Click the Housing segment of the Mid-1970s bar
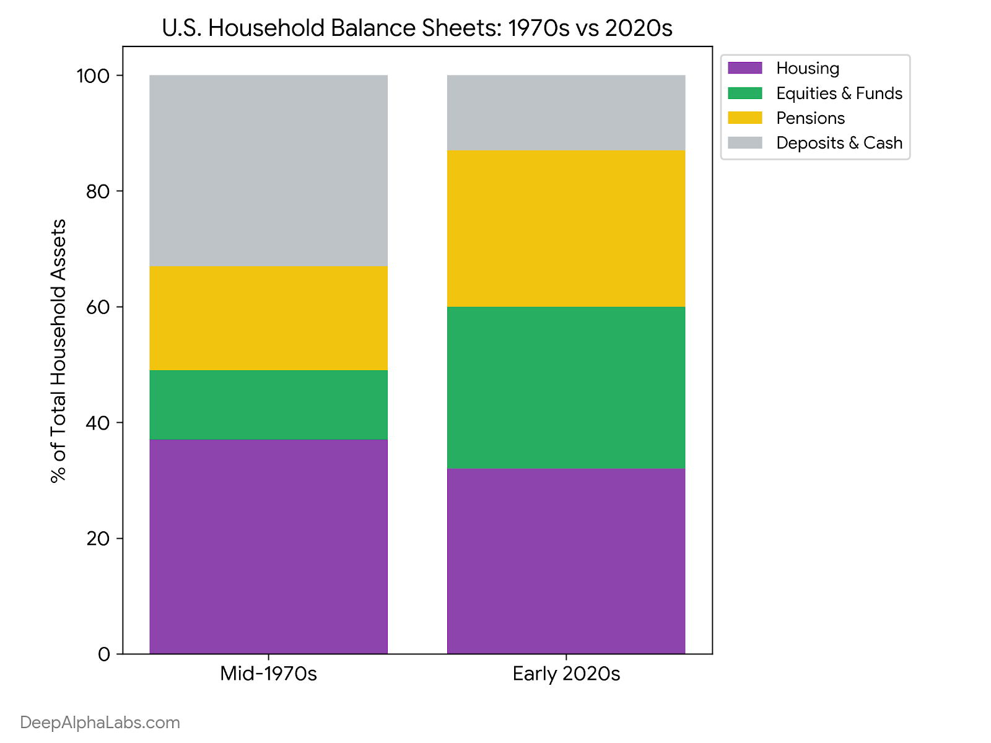pyautogui.click(x=268, y=546)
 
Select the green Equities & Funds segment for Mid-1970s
pyautogui.click(x=268, y=405)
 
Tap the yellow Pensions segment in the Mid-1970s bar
pyautogui.click(x=268, y=318)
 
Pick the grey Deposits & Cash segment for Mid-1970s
pyautogui.click(x=268, y=170)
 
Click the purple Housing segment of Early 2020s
pyautogui.click(x=566, y=561)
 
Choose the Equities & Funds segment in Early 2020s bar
pyautogui.click(x=566, y=388)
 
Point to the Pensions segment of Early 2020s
pyautogui.click(x=566, y=228)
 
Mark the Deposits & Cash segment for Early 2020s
pyautogui.click(x=566, y=113)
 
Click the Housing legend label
pyautogui.click(x=808, y=68)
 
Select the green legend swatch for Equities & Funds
pyautogui.click(x=745, y=93)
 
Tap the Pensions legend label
pyautogui.click(x=810, y=118)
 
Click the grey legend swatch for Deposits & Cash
pyautogui.click(x=745, y=142)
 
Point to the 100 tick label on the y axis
pyautogui.click(x=93, y=76)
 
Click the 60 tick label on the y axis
pyautogui.click(x=98, y=307)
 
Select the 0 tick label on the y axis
pyautogui.click(x=104, y=654)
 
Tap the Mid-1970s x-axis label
pyautogui.click(x=268, y=674)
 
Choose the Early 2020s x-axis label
pyautogui.click(x=566, y=674)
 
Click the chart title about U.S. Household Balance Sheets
pyautogui.click(x=417, y=28)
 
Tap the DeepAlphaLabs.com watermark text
pyautogui.click(x=100, y=723)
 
